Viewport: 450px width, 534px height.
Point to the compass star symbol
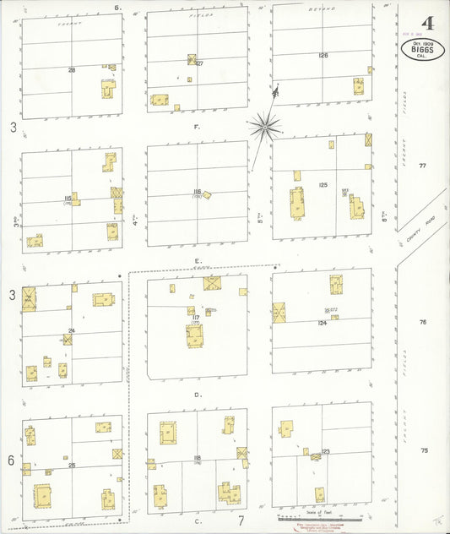[264, 127]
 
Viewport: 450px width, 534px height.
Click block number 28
[72, 70]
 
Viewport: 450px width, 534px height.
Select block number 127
[199, 63]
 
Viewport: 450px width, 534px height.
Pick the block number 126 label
[323, 56]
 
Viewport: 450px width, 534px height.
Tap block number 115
[68, 199]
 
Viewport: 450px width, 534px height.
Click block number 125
[323, 184]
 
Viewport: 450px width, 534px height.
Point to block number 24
[72, 330]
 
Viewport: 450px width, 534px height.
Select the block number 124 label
[322, 323]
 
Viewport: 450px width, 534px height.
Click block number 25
[72, 466]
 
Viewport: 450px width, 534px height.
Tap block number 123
[325, 452]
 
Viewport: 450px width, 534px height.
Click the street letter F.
[196, 126]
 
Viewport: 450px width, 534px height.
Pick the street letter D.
[197, 394]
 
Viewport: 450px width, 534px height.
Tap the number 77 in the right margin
[423, 166]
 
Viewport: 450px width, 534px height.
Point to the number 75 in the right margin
[424, 450]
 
